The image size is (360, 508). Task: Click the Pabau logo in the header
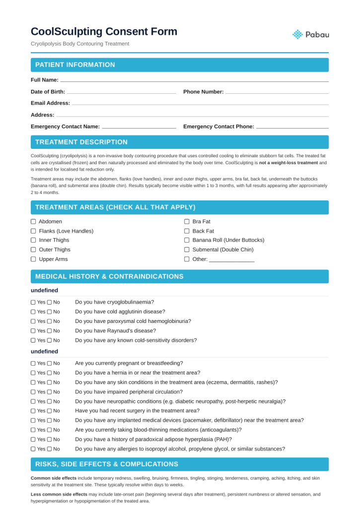click(311, 34)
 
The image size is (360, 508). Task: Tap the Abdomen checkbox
click(33, 222)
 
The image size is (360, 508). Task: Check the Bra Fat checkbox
click(187, 222)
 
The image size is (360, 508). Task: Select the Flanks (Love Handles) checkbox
click(33, 231)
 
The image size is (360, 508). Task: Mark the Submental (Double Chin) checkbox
click(187, 250)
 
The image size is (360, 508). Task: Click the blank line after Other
click(231, 260)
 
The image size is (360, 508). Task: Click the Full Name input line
click(194, 80)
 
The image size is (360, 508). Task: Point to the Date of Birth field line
click(121, 92)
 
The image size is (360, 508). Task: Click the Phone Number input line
click(277, 92)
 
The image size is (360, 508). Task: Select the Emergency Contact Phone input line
click(292, 127)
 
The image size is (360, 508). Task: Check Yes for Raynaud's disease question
click(33, 331)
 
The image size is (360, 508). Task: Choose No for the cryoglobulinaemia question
click(50, 302)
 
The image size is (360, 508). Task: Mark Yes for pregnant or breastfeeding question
click(33, 363)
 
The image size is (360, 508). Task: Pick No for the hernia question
click(50, 373)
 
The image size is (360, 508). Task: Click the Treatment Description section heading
click(81, 142)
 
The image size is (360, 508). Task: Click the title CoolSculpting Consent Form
click(104, 32)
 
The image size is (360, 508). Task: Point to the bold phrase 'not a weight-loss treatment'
click(288, 163)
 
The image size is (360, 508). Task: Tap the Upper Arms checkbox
click(33, 259)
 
